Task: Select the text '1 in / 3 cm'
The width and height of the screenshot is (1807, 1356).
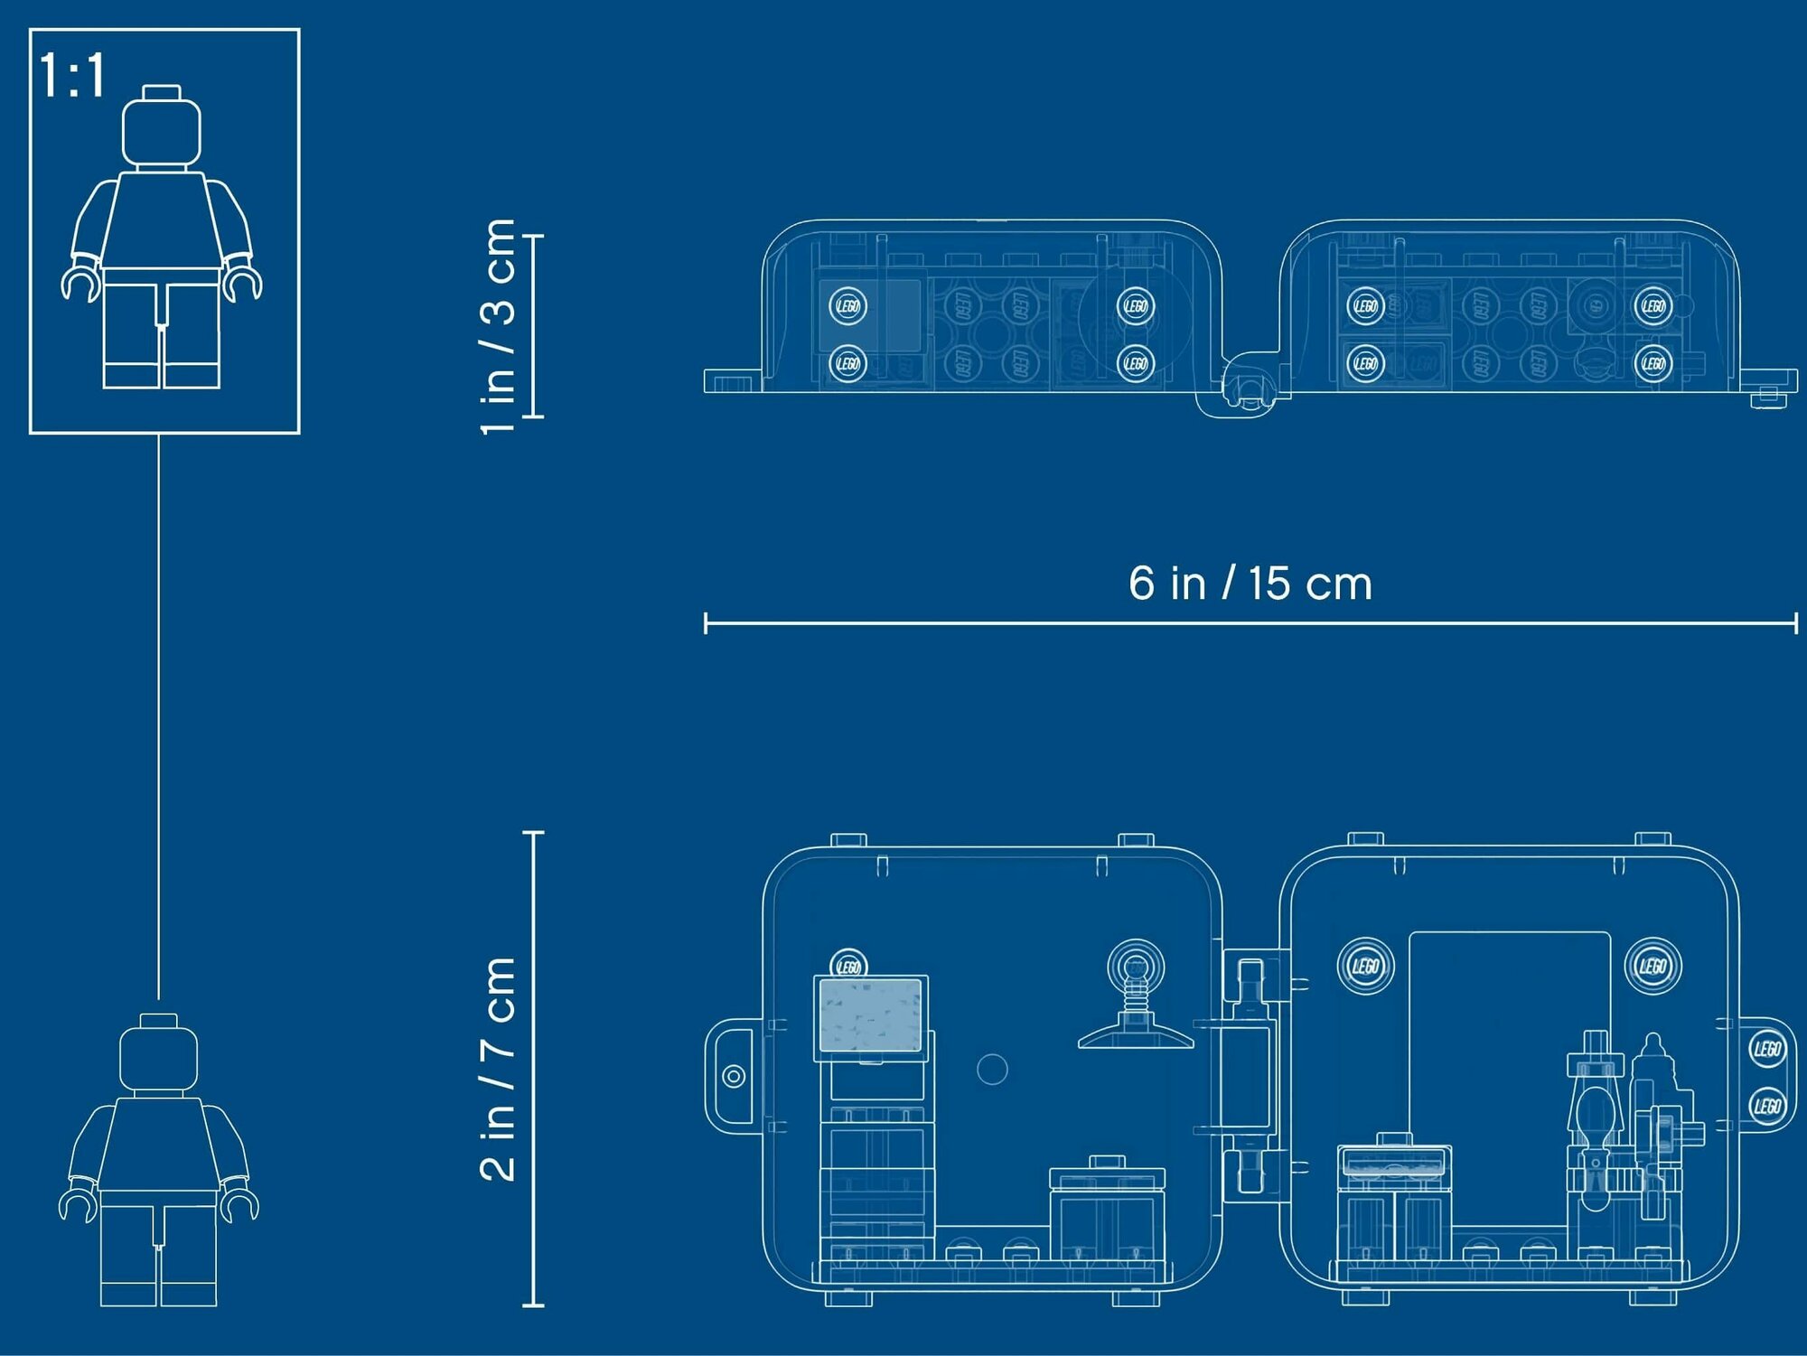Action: click(x=498, y=326)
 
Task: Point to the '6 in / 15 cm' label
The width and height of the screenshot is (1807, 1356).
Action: click(x=1250, y=584)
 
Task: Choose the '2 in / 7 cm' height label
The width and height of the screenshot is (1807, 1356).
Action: click(x=498, y=1069)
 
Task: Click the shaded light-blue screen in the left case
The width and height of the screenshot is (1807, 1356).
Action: click(x=870, y=1015)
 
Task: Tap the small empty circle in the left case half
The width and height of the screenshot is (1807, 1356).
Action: click(x=992, y=1070)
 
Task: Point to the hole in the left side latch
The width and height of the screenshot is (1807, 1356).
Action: click(x=734, y=1076)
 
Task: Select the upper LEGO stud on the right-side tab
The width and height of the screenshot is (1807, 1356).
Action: click(x=1766, y=1049)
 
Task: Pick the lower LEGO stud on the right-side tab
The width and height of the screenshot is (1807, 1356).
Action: click(x=1766, y=1106)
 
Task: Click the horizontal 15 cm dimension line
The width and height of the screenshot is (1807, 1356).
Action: click(x=1250, y=622)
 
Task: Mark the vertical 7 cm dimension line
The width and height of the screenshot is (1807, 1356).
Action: click(x=534, y=1069)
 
